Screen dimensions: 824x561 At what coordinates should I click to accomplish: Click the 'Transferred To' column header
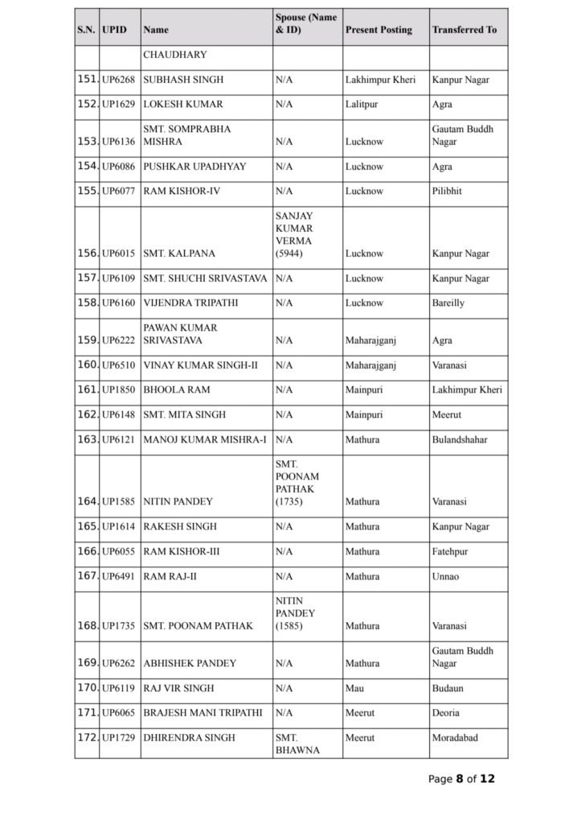pos(464,30)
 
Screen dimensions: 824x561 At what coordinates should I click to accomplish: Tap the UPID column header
pos(115,30)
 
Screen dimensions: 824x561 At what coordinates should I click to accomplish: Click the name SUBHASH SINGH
pos(183,80)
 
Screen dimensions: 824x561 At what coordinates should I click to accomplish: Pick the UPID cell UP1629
pos(118,105)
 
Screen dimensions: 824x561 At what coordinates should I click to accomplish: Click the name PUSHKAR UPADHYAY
pos(195,167)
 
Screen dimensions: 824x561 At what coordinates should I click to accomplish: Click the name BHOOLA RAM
pos(176,390)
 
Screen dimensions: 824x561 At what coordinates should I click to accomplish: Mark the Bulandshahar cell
pos(459,440)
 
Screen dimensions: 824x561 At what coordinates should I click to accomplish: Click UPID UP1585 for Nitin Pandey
pos(118,501)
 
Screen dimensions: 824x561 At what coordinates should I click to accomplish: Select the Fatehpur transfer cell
pos(450,552)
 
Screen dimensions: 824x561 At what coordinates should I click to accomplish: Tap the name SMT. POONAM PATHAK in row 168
pos(198,626)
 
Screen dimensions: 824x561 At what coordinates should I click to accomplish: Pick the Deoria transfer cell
pos(445,714)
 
